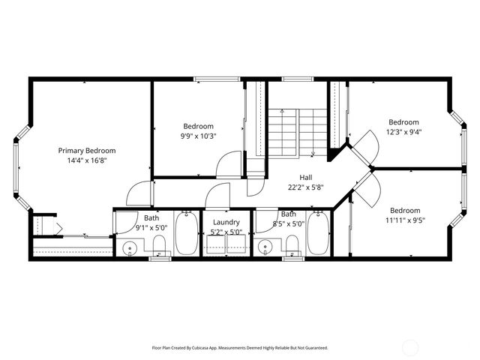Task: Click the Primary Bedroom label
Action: [87, 151]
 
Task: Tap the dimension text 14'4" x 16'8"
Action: [87, 160]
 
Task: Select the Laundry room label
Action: [226, 223]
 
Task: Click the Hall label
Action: [305, 178]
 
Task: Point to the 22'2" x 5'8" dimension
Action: [305, 187]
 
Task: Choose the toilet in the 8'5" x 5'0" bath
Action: [292, 244]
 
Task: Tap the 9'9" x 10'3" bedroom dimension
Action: [198, 136]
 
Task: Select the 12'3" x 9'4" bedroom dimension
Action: [403, 132]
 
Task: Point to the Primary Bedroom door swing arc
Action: [137, 194]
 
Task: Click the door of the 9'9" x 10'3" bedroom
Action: [229, 167]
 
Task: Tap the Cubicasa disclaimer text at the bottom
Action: [240, 348]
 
